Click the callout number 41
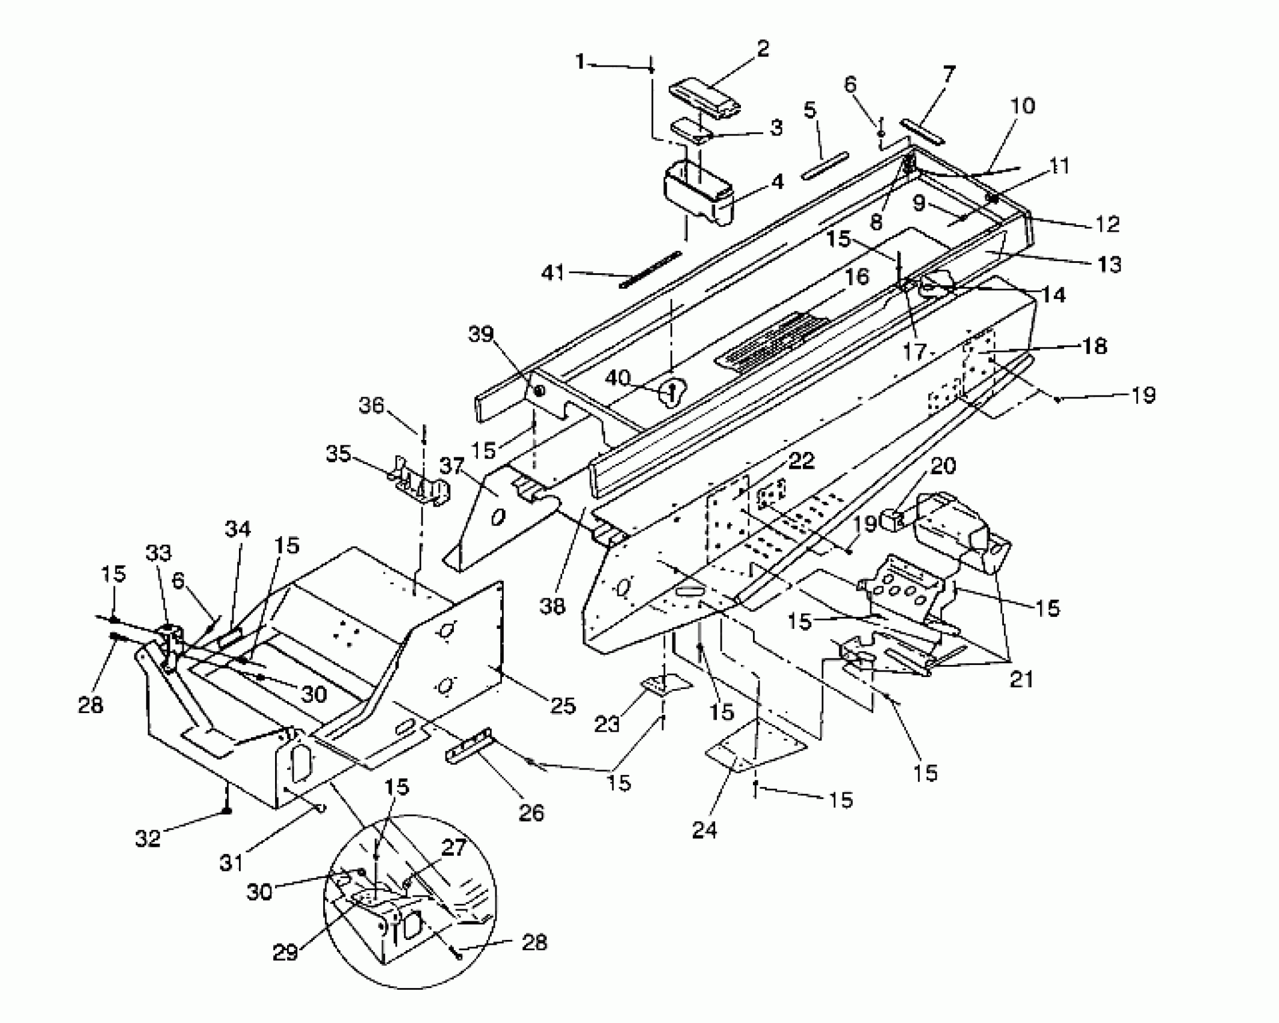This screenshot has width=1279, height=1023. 553,273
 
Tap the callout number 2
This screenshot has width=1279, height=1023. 763,49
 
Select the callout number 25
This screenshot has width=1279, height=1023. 563,705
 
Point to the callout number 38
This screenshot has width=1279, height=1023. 552,606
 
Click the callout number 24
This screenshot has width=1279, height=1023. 704,830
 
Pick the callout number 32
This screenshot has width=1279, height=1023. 148,838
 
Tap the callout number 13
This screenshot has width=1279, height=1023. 1109,264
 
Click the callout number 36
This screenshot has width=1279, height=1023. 371,406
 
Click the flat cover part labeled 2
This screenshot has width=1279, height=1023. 704,97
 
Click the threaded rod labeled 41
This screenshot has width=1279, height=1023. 651,270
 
